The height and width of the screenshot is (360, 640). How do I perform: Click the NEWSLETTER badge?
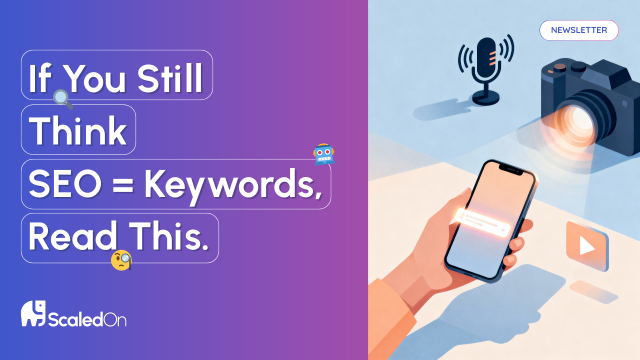click(x=579, y=30)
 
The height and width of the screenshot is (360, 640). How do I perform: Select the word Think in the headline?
click(x=78, y=131)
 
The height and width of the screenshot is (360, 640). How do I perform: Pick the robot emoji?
click(x=323, y=154)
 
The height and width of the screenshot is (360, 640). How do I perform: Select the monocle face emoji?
click(x=121, y=260)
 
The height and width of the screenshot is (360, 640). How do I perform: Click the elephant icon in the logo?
click(x=33, y=313)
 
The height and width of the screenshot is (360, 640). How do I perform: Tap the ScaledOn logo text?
click(x=87, y=318)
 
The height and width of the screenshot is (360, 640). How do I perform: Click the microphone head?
click(x=485, y=59)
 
